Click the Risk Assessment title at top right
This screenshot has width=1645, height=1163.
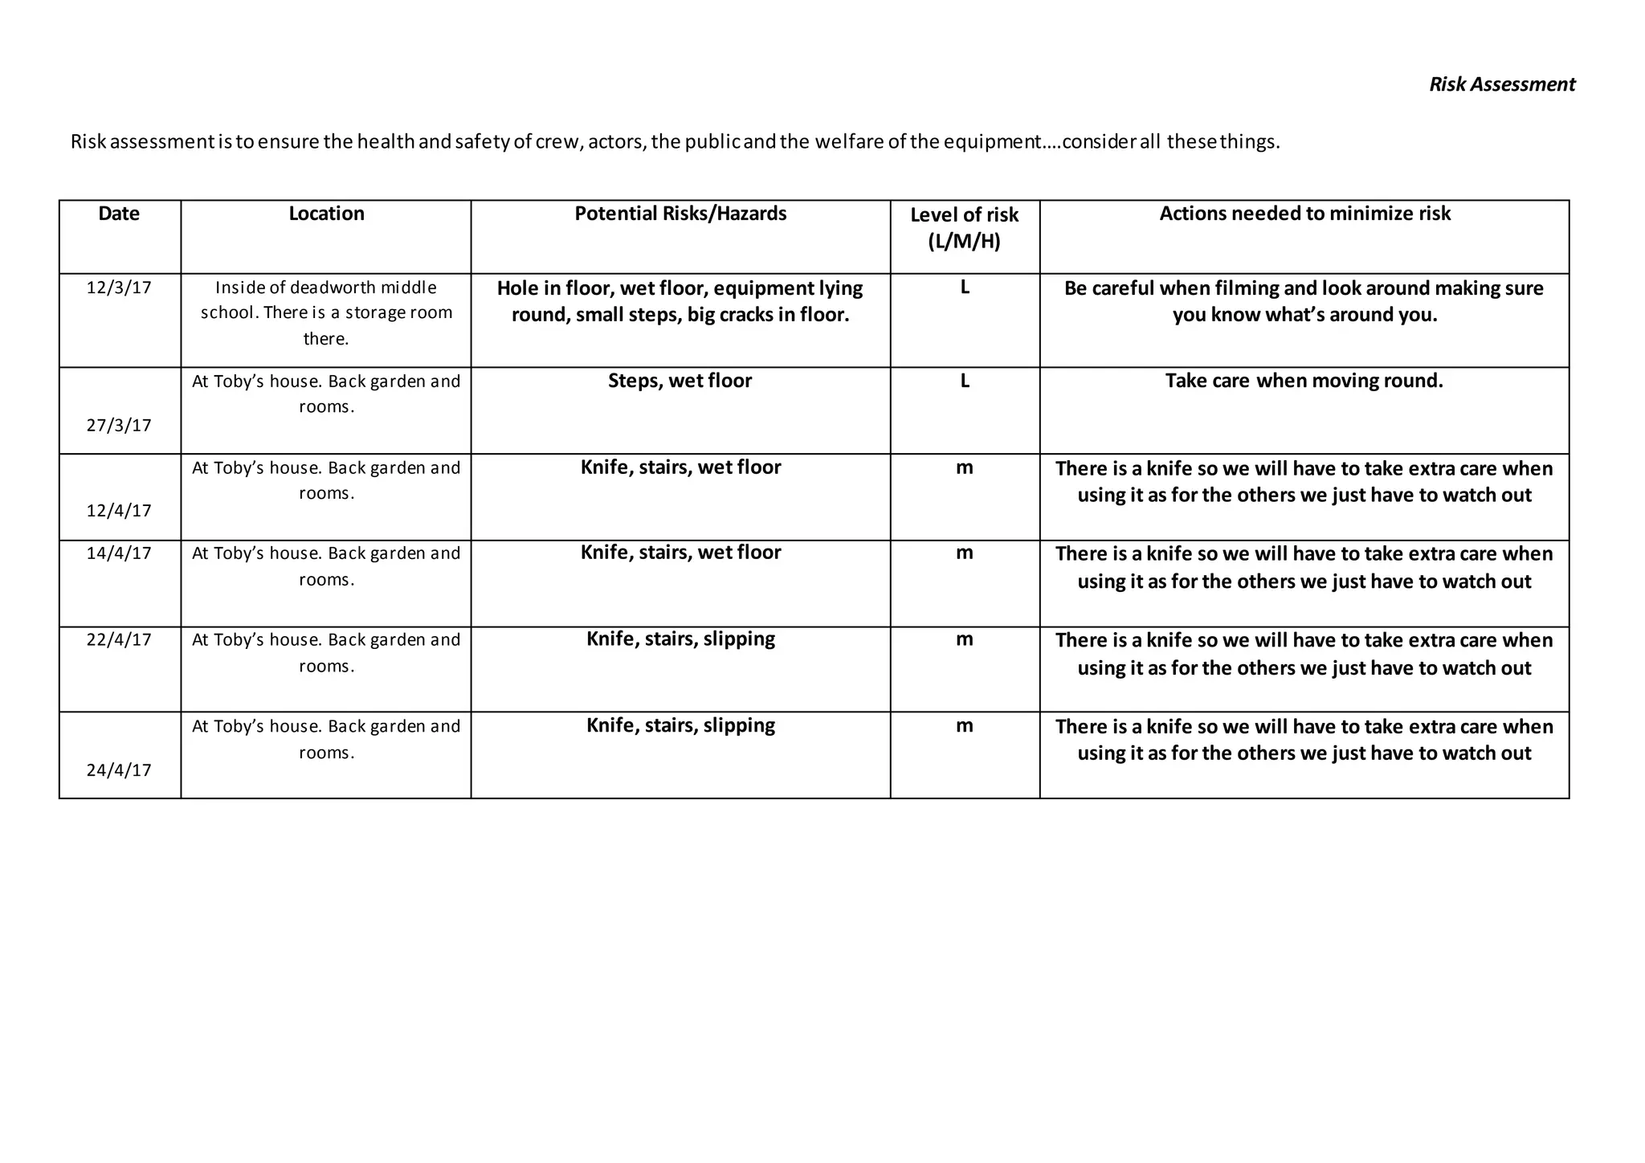pos(1501,84)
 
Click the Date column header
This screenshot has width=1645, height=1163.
pos(119,214)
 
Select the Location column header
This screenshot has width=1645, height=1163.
pos(326,214)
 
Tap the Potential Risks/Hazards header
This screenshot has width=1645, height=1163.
pos(680,214)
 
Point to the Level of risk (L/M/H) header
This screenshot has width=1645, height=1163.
pos(964,227)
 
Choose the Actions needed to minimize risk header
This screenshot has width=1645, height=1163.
pos(1304,214)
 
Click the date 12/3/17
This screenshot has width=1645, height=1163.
pos(119,288)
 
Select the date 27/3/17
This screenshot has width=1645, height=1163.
pos(119,426)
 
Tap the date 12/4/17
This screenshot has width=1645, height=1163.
pos(119,511)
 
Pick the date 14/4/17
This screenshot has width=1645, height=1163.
pos(119,553)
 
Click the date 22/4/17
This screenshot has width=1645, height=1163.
pos(119,640)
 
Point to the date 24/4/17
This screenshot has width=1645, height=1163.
pos(119,770)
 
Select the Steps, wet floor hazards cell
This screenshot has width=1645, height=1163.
pos(680,381)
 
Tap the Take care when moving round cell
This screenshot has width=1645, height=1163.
pos(1304,381)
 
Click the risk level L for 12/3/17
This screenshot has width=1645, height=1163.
pos(965,288)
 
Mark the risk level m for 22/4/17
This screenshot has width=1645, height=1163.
pos(965,640)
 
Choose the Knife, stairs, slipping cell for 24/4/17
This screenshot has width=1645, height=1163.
pos(680,725)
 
